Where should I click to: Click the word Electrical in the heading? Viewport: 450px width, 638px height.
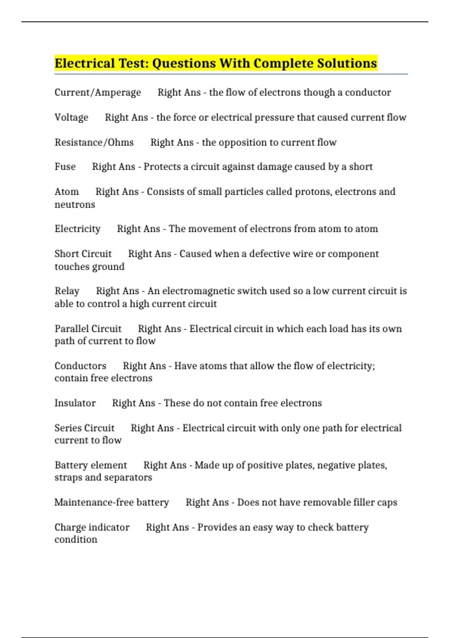(85, 63)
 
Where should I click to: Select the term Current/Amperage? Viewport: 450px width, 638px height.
(97, 92)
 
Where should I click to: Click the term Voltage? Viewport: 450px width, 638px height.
(71, 117)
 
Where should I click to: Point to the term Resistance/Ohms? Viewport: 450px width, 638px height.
(94, 142)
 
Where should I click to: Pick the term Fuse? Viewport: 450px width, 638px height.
(65, 167)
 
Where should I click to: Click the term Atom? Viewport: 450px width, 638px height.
(67, 191)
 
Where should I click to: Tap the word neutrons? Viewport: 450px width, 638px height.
(75, 205)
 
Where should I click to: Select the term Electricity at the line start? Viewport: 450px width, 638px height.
(77, 229)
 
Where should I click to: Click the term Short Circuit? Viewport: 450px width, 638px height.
(83, 254)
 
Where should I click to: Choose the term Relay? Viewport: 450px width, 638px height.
(67, 291)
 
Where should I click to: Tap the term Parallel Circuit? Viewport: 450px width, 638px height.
(88, 329)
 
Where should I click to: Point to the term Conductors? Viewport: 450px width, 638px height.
(80, 366)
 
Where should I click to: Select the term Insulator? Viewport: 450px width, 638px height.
(75, 403)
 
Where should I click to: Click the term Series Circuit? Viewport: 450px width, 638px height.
(84, 428)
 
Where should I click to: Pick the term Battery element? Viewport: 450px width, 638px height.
(91, 465)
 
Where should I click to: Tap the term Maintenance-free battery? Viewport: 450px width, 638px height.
(111, 502)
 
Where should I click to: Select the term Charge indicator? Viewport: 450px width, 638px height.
(92, 527)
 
